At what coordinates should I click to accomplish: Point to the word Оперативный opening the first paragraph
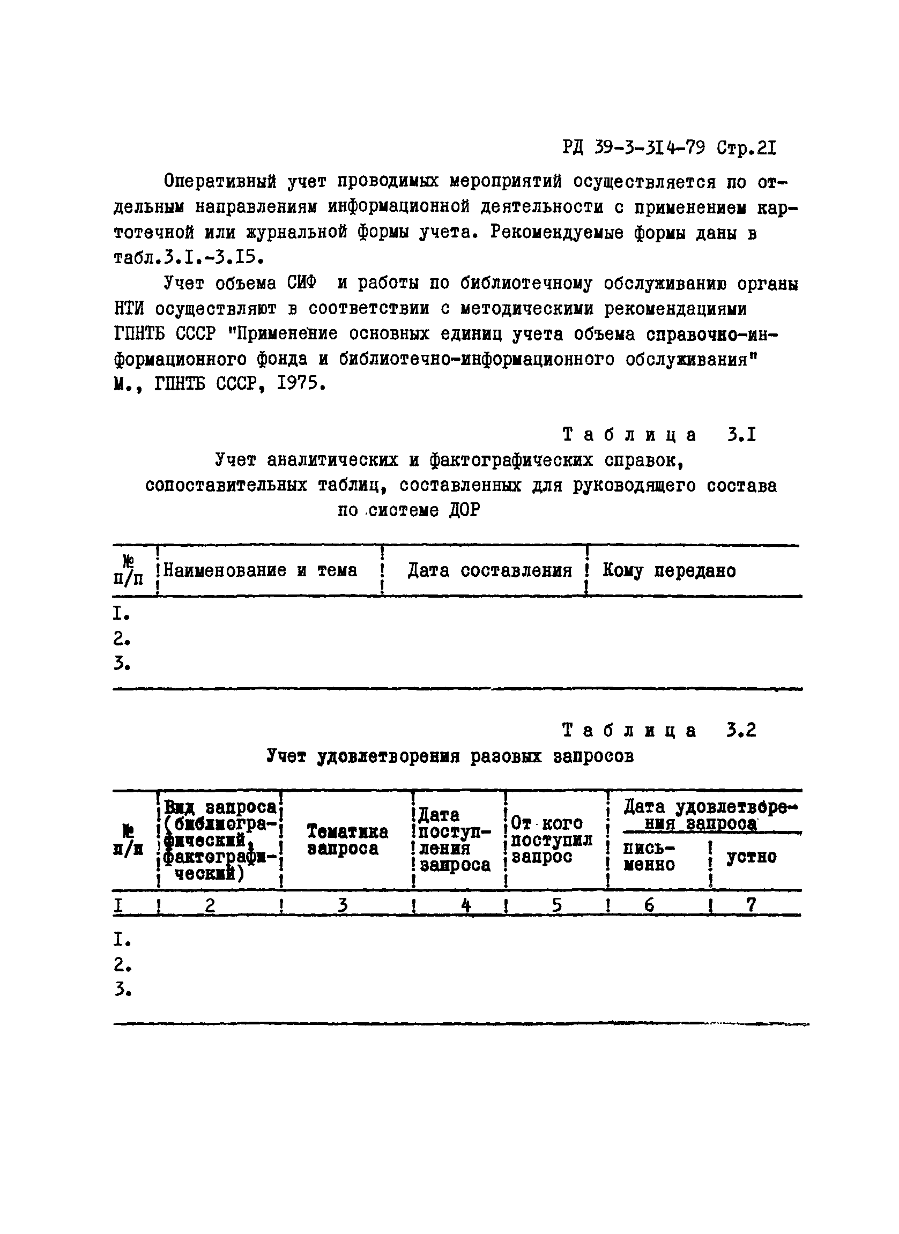pyautogui.click(x=220, y=182)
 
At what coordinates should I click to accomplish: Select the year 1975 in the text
pyautogui.click(x=296, y=384)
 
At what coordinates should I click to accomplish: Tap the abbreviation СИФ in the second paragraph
pyautogui.click(x=301, y=283)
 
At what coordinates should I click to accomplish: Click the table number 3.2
pyautogui.click(x=741, y=730)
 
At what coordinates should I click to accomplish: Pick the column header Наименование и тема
pyautogui.click(x=260, y=570)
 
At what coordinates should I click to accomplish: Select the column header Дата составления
pyautogui.click(x=490, y=570)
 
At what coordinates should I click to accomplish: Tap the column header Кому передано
pyautogui.click(x=669, y=570)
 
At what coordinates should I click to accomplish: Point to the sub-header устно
pyautogui.click(x=752, y=857)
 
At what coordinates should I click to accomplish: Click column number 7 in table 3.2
pyautogui.click(x=751, y=904)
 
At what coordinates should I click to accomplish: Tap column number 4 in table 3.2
pyautogui.click(x=466, y=904)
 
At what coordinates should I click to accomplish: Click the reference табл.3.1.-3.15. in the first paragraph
pyautogui.click(x=189, y=257)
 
